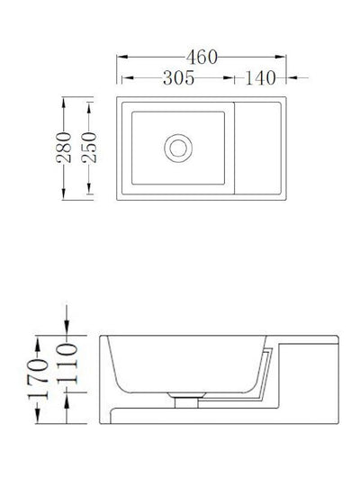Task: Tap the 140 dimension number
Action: (257, 78)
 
